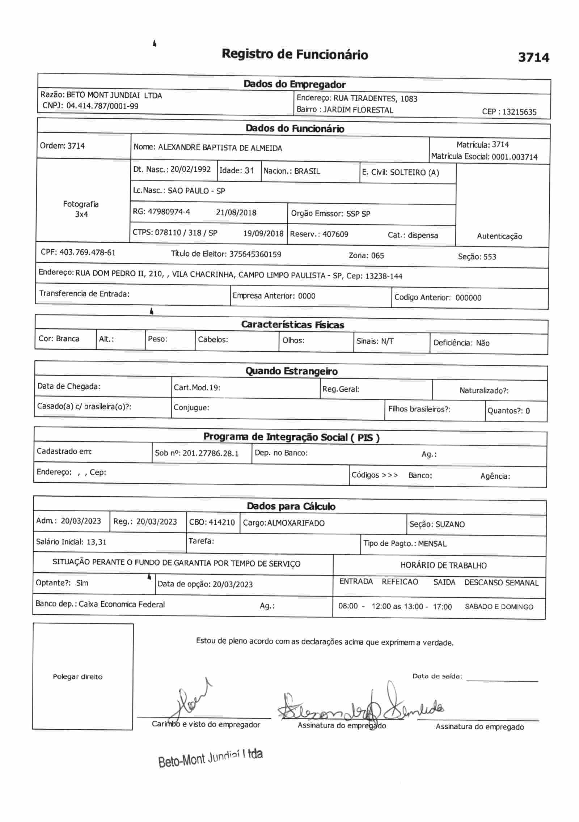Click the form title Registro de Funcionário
295,54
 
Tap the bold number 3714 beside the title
533,57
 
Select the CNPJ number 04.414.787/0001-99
102,106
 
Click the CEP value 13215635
519,112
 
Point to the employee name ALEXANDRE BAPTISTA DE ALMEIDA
220,148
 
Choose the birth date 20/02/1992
190,169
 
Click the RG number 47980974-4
169,212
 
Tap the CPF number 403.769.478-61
87,252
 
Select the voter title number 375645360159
255,254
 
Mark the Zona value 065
377,256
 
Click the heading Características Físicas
292,325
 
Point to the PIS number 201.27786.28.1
211,453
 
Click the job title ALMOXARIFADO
296,523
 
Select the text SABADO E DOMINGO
499,607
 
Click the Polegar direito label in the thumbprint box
77,677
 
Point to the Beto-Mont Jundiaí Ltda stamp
210,758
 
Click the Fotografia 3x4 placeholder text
81,209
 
